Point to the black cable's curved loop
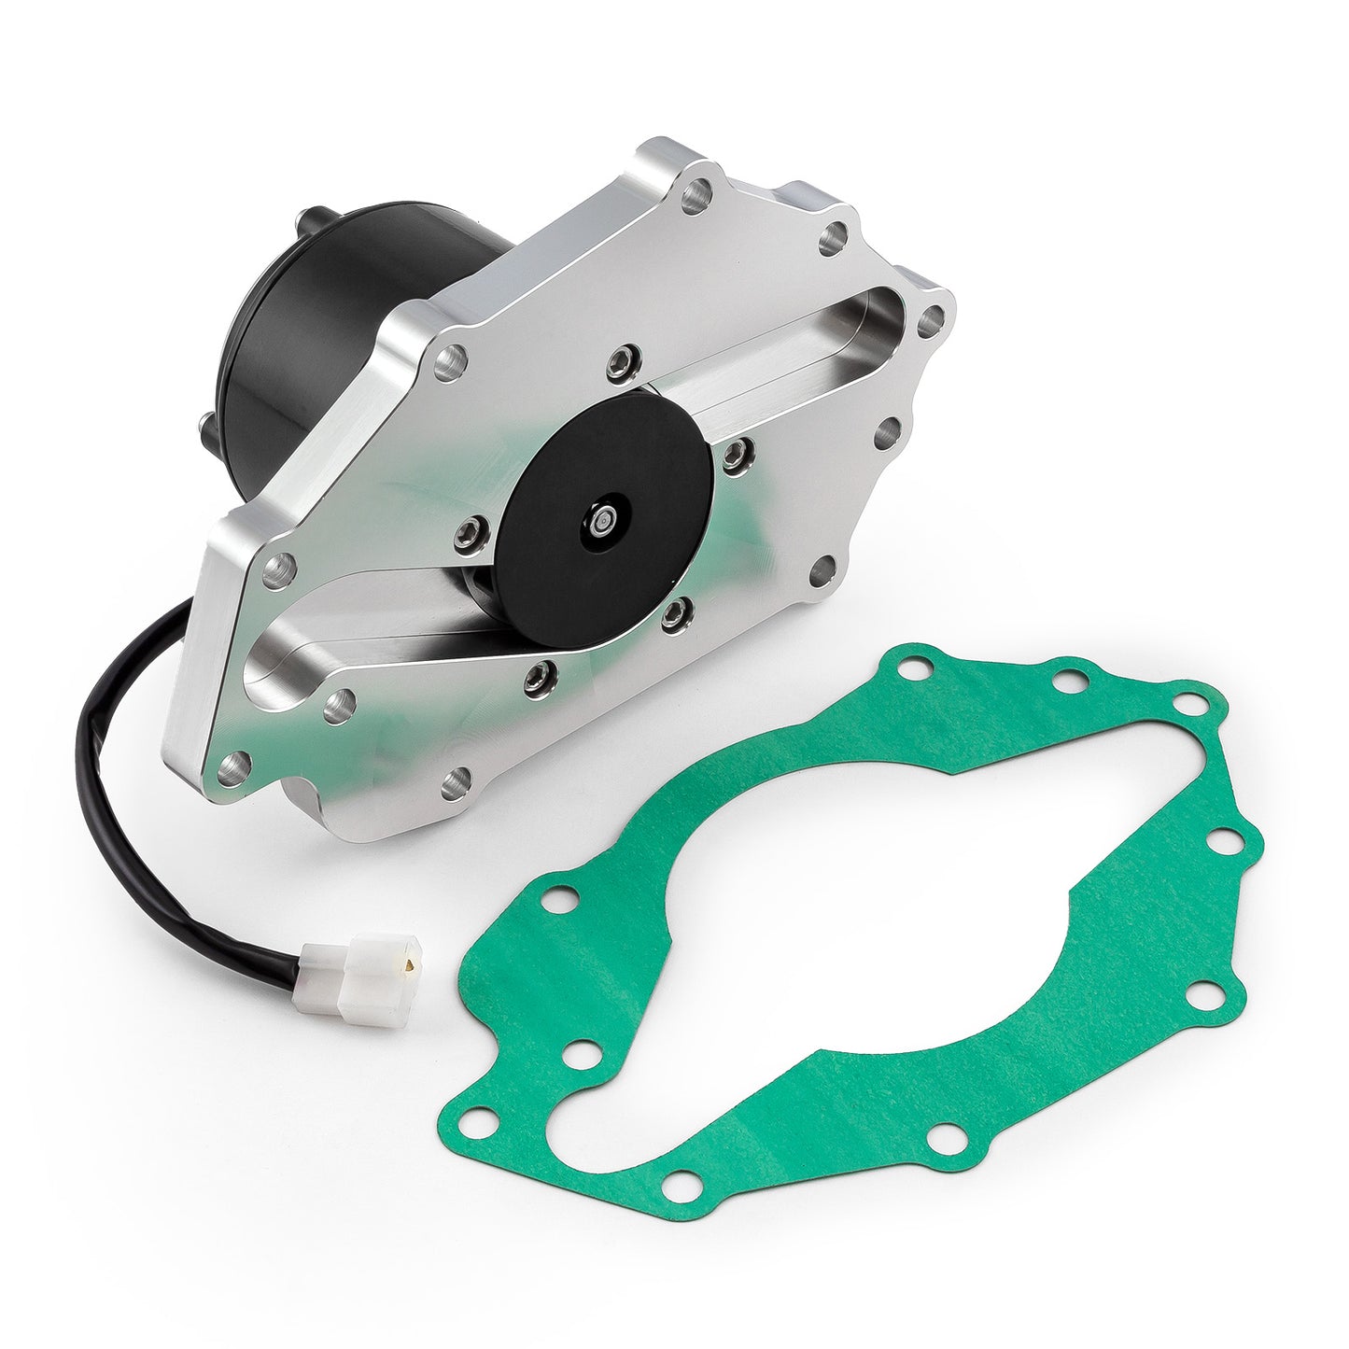tap(107, 710)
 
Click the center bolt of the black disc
tap(606, 517)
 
